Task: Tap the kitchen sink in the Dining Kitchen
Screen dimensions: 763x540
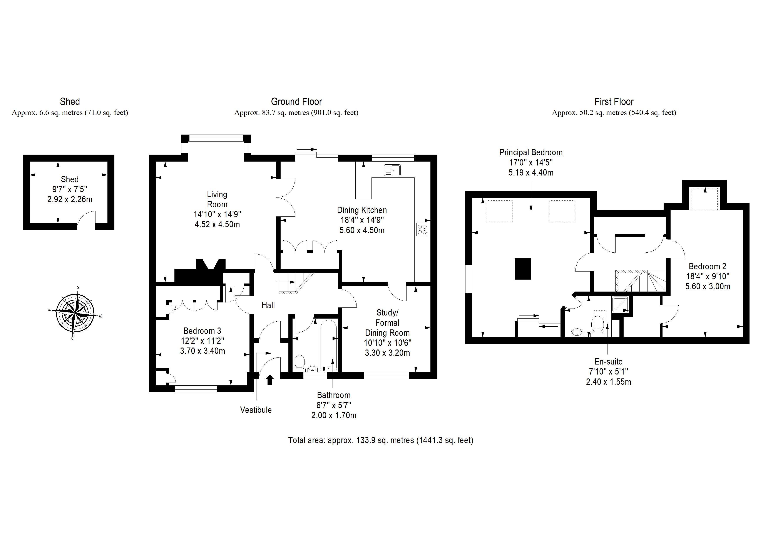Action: click(392, 170)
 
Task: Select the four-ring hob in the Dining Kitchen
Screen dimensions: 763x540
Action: click(422, 229)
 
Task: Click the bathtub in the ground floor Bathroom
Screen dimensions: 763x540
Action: click(328, 345)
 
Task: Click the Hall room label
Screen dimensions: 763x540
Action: click(268, 305)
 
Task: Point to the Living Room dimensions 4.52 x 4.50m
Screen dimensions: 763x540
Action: click(217, 224)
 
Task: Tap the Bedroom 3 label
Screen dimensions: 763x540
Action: click(202, 331)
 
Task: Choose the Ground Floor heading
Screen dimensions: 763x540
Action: click(296, 101)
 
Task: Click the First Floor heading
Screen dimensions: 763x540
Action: click(614, 101)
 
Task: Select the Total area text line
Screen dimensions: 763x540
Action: click(381, 440)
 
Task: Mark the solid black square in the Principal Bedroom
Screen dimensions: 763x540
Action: click(523, 268)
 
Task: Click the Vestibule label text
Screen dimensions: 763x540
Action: click(256, 410)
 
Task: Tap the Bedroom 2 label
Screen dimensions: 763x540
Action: click(708, 267)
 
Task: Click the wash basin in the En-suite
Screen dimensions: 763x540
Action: click(577, 333)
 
